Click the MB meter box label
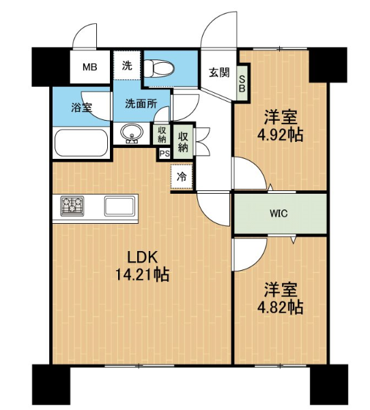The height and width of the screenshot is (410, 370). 89,68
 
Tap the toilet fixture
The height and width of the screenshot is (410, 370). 159,69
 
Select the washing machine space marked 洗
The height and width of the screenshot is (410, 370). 128,65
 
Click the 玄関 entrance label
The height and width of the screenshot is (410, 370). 219,72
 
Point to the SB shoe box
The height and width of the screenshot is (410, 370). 242,83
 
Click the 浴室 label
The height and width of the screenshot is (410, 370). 81,107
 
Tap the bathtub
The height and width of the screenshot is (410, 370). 81,143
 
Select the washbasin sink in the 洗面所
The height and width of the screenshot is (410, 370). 132,133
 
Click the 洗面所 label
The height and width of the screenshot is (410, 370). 141,104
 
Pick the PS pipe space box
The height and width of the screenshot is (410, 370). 165,153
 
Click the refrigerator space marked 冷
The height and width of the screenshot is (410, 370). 182,177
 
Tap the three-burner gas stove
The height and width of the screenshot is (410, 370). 72,206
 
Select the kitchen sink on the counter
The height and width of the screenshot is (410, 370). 119,206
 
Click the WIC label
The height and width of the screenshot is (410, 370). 279,214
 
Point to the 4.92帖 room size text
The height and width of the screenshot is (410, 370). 281,135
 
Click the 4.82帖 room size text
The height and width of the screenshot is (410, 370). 281,307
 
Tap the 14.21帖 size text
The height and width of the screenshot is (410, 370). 143,274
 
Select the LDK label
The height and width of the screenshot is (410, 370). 143,257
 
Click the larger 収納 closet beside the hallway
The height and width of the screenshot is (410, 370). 183,141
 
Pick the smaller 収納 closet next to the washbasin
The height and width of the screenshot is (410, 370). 162,134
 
